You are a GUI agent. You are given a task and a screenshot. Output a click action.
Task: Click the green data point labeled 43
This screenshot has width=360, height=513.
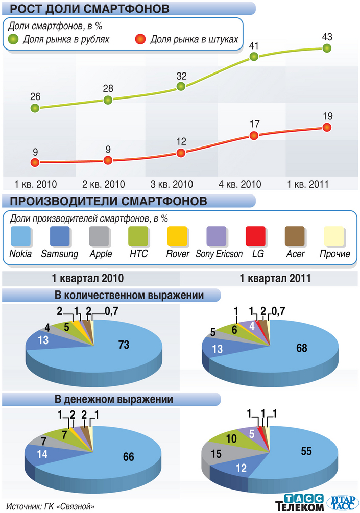[x=327, y=48]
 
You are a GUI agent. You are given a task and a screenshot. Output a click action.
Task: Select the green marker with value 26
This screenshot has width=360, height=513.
[x=35, y=108]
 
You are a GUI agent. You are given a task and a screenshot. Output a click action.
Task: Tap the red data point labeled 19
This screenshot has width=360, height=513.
[x=327, y=127]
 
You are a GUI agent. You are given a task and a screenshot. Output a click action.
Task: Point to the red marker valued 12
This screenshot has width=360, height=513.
[x=181, y=153]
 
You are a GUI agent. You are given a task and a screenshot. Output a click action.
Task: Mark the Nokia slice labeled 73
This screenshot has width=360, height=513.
[x=123, y=345]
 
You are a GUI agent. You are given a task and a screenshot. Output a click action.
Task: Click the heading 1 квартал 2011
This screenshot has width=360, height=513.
[x=269, y=279]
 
